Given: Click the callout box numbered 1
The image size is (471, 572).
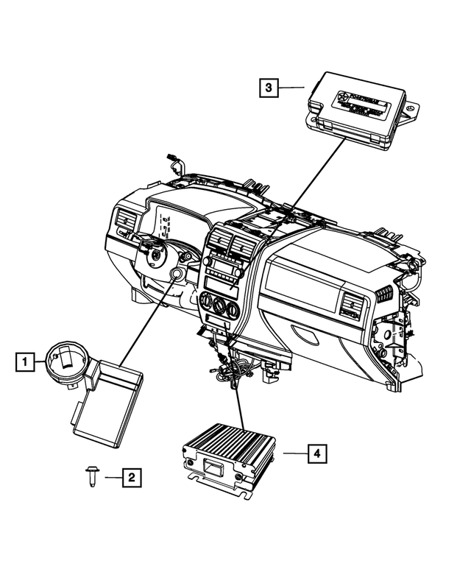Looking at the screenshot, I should click(25, 361).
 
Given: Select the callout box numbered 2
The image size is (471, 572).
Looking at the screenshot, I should click(131, 478).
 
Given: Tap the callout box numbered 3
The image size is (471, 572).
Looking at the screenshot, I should click(269, 88).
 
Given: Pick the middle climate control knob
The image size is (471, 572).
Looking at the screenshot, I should click(218, 303).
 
